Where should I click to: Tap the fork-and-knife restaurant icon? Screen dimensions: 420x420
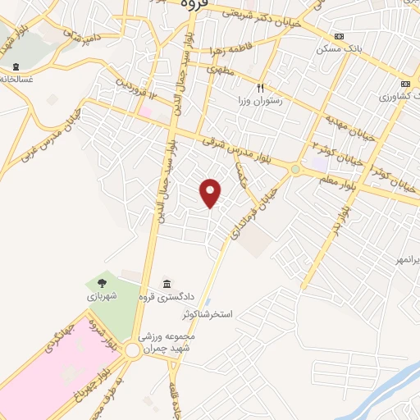[x=260, y=88]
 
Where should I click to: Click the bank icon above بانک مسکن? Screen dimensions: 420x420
[x=339, y=37]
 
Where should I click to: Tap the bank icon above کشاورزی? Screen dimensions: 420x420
[x=404, y=84]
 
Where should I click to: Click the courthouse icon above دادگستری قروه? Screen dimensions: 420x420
[x=167, y=283]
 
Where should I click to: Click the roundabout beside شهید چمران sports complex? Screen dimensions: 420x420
[x=133, y=350]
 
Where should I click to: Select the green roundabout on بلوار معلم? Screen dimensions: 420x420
[x=294, y=170]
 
